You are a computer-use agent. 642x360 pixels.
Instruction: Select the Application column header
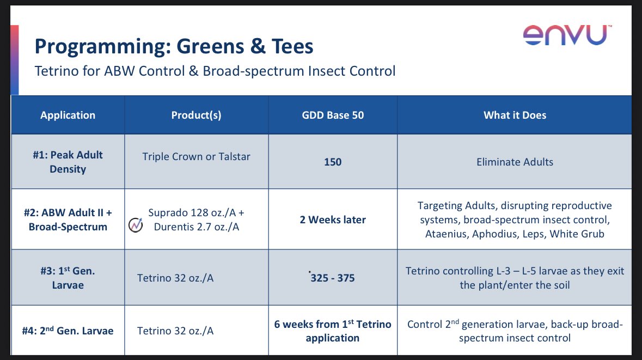(x=68, y=115)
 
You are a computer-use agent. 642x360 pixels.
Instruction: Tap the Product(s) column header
(x=196, y=115)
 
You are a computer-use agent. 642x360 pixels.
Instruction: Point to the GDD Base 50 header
(x=333, y=115)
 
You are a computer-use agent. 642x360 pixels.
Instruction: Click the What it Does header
(x=515, y=115)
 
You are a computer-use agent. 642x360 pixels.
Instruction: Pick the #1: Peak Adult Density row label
(x=68, y=162)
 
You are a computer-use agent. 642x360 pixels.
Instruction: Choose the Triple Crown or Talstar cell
(x=196, y=156)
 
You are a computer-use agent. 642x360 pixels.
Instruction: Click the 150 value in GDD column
(x=333, y=162)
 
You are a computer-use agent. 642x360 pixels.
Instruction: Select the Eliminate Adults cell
(x=515, y=162)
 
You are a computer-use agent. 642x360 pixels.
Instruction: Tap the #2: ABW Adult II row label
(x=68, y=219)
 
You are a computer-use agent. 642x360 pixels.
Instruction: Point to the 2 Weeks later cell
(x=333, y=220)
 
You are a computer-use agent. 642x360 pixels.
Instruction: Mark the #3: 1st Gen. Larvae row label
(x=68, y=278)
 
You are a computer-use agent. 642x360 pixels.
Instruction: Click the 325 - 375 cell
(x=332, y=278)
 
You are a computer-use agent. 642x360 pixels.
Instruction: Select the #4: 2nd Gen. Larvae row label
(x=68, y=331)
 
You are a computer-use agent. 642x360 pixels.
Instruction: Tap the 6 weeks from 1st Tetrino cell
(x=333, y=331)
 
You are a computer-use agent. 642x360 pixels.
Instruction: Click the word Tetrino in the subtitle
(x=55, y=71)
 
